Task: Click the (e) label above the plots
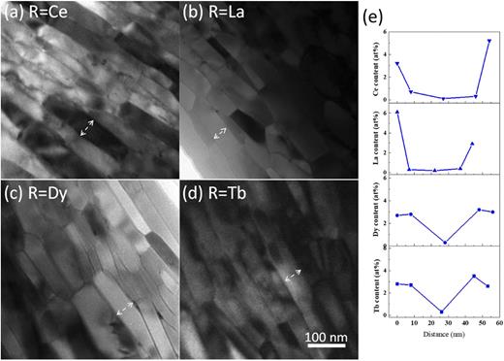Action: (x=379, y=18)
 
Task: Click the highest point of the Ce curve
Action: (x=488, y=42)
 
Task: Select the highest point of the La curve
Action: (x=397, y=112)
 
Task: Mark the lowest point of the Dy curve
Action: (x=444, y=243)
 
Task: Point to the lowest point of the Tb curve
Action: (x=442, y=312)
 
